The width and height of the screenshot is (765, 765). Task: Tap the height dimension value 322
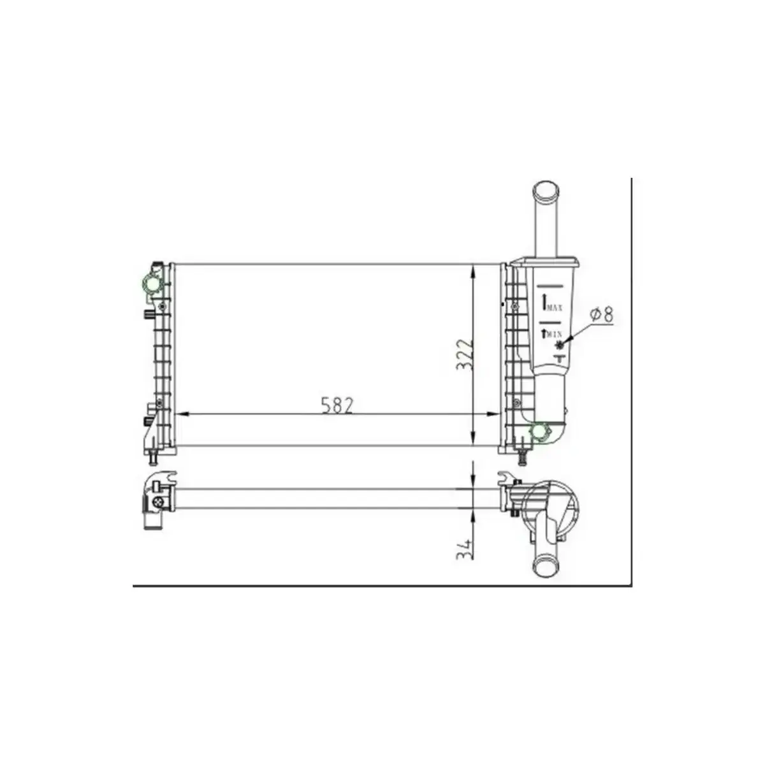click(463, 354)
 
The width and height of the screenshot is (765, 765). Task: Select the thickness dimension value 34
click(464, 549)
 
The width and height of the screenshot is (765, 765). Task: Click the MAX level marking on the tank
click(553, 307)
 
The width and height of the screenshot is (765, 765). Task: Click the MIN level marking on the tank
click(552, 333)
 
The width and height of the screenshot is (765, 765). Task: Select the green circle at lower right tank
click(540, 432)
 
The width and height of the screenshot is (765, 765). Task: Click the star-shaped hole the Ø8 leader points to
click(560, 346)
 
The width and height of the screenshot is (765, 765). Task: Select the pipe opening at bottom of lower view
click(546, 564)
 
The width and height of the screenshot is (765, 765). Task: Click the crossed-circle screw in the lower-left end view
click(157, 503)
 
